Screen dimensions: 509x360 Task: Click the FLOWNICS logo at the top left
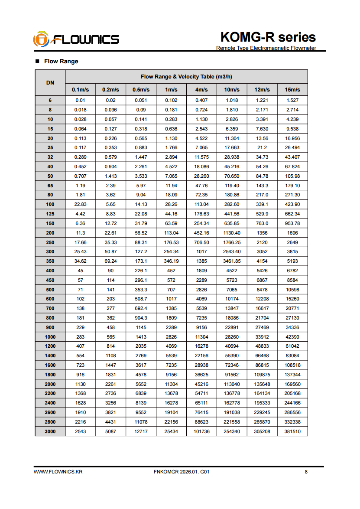[x=76, y=39]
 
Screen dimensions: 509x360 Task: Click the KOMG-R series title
[x=268, y=37]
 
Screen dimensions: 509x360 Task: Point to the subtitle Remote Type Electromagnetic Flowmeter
[x=266, y=48]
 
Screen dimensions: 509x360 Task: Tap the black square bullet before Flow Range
[x=37, y=61]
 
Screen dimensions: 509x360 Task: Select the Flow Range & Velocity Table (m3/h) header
[x=186, y=77]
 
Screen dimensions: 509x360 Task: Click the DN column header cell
[x=50, y=83]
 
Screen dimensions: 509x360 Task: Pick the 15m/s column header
[x=292, y=90]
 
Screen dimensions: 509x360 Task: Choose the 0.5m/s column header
[x=141, y=90]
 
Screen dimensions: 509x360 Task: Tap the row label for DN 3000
[x=50, y=431]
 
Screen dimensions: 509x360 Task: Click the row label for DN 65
[x=50, y=186]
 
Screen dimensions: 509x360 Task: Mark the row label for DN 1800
[x=50, y=375]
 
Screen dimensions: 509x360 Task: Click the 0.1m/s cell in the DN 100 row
[x=80, y=205]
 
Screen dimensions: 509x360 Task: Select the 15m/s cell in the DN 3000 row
[x=292, y=431]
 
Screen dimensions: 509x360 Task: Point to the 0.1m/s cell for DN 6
[x=80, y=101]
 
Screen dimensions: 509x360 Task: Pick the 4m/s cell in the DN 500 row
[x=201, y=290]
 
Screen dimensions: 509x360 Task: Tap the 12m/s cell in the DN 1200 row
[x=262, y=346]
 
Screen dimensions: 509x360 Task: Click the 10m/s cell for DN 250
[x=232, y=242]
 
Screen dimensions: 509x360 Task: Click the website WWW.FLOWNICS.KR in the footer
[x=58, y=472]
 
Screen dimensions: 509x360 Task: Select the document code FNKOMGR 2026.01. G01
[x=182, y=472]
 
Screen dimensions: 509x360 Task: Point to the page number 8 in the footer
[x=306, y=472]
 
